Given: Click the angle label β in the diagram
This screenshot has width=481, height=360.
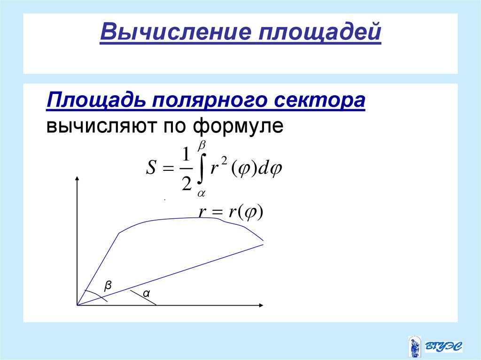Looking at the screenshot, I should coord(109,285).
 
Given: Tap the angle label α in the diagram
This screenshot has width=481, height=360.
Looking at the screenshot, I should coord(146,294).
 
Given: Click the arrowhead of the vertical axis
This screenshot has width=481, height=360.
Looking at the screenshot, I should coord(77,179).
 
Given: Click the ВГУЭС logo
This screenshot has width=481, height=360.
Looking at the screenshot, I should coord(435,346).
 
